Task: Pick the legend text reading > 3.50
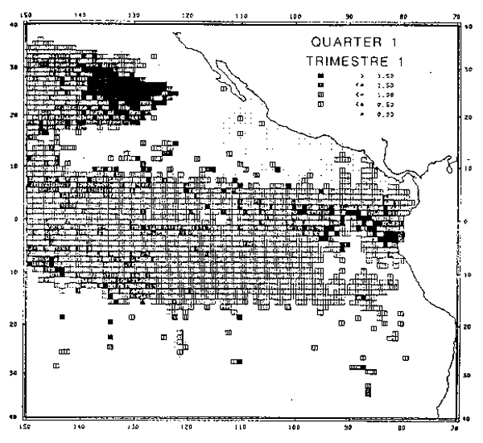(x=368, y=75)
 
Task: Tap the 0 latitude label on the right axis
(x=468, y=219)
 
